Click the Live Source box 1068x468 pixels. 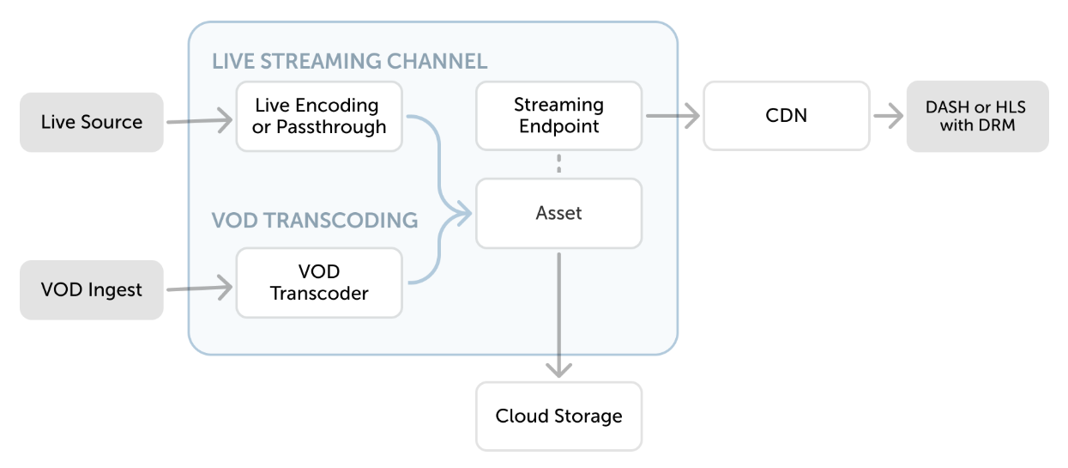91,122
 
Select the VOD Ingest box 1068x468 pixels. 91,289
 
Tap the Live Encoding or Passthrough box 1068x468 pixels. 318,116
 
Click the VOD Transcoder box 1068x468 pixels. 318,283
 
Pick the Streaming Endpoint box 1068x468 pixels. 558,116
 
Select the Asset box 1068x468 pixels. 558,213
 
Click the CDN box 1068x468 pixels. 786,116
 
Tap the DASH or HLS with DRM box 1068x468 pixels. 977,116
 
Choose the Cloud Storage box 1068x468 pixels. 558,416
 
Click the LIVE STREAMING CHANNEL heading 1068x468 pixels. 349,61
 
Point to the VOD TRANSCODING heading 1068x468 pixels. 314,220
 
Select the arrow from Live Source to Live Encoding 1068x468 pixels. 199,122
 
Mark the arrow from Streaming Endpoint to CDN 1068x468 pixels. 672,116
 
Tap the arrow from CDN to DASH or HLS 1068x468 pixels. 887,116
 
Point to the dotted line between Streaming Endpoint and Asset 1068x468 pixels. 558,164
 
